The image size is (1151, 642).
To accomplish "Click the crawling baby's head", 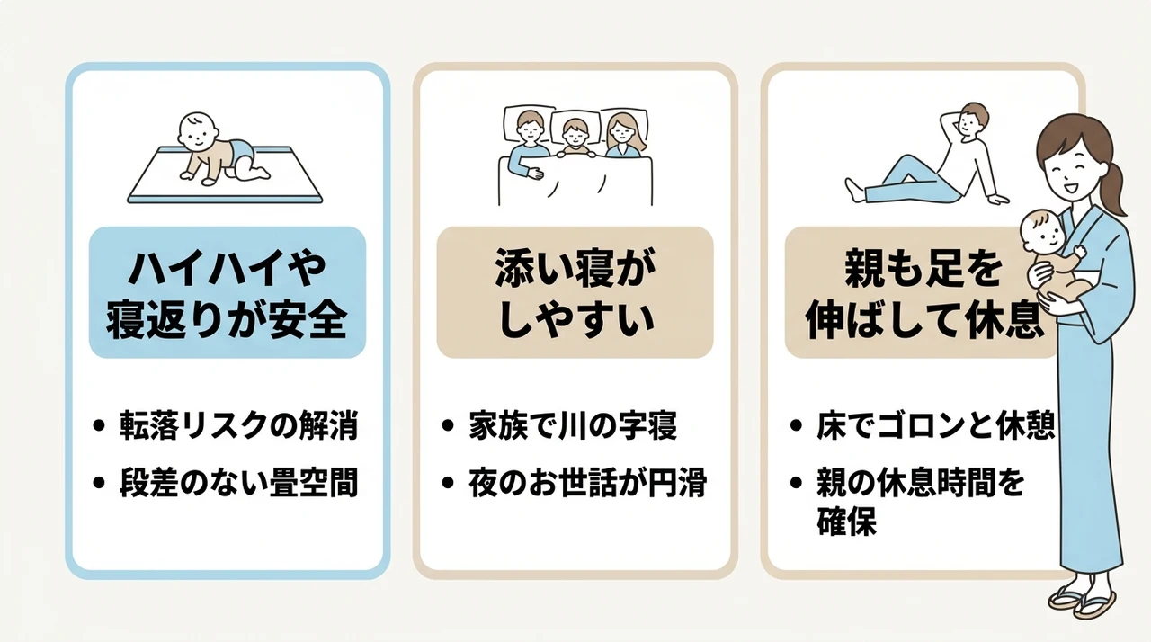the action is [197, 132].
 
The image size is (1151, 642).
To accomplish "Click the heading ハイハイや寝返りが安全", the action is [227, 293].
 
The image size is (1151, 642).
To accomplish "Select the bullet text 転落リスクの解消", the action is [238, 425].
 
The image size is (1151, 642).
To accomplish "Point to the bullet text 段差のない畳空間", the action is [238, 482].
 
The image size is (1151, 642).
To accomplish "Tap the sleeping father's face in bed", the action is [530, 129].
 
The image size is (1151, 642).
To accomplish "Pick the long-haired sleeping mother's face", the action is [620, 132].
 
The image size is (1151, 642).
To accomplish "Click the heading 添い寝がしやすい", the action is [575, 293].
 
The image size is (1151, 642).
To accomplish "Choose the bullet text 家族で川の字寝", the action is [573, 425].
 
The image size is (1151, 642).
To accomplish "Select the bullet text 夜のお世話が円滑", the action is [587, 482].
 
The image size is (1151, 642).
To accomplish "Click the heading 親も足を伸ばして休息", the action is [923, 293].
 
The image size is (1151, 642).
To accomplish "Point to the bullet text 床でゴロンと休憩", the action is [935, 425].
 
